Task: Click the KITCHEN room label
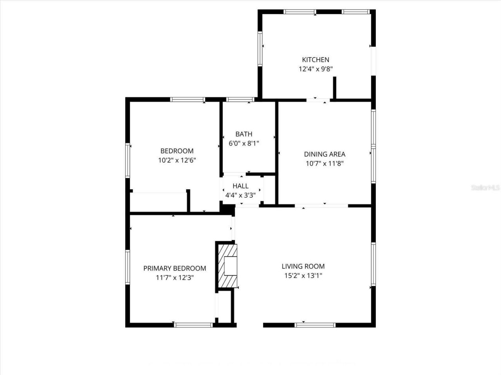pos(315,60)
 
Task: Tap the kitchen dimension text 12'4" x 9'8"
pos(315,69)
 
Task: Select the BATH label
pos(244,134)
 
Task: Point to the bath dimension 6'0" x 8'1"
pos(244,143)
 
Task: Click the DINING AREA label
pos(324,154)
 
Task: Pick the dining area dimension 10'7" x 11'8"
pos(324,164)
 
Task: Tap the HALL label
pos(240,186)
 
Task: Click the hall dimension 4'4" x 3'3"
pos(240,195)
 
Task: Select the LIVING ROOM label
pos(303,266)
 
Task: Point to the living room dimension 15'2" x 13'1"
pos(303,276)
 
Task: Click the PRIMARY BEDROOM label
pos(175,268)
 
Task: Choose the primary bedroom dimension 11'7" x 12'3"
pos(175,278)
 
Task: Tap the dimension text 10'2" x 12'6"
pos(177,160)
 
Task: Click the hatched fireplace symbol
pos(227,266)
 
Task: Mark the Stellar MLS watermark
pos(485,187)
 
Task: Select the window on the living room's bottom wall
pos(315,325)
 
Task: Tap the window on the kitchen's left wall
pos(260,48)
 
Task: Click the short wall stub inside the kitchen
pos(335,88)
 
